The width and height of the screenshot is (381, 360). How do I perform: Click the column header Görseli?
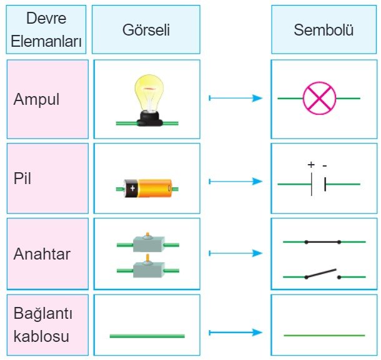pyautogui.click(x=146, y=29)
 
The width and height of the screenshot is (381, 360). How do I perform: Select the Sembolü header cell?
pyautogui.click(x=324, y=29)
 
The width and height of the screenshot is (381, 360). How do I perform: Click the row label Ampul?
pyautogui.click(x=37, y=99)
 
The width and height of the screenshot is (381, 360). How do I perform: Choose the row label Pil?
pyautogui.click(x=22, y=179)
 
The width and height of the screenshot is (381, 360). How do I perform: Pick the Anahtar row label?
pyautogui.click(x=42, y=253)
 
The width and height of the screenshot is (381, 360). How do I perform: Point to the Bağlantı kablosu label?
pyautogui.click(x=41, y=325)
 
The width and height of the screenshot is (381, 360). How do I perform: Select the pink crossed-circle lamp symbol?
pyautogui.click(x=319, y=99)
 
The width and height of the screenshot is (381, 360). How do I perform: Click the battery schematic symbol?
pyautogui.click(x=319, y=184)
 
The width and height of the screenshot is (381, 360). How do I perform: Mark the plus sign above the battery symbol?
pyautogui.click(x=311, y=165)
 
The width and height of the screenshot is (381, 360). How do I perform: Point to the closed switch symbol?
pyautogui.click(x=322, y=241)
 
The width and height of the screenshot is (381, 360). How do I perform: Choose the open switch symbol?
pyautogui.click(x=322, y=274)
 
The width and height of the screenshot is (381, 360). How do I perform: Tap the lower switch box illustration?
pyautogui.click(x=147, y=268)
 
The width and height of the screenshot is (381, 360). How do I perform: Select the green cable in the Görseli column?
pyautogui.click(x=147, y=336)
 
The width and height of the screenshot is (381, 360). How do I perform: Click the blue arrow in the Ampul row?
pyautogui.click(x=235, y=98)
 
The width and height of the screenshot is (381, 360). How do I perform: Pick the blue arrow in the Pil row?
pyautogui.click(x=235, y=182)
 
